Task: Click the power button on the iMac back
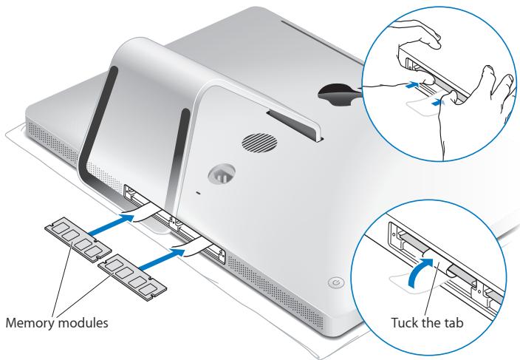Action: click(336, 283)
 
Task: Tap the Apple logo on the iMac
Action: click(338, 94)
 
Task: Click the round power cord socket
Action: click(222, 174)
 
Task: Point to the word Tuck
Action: click(404, 322)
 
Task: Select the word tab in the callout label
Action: click(454, 322)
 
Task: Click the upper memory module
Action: click(78, 240)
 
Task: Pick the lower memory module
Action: click(132, 277)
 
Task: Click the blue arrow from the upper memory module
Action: click(111, 225)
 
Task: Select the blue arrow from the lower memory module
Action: click(162, 259)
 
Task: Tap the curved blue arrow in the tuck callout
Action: click(419, 271)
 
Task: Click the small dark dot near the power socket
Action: click(199, 192)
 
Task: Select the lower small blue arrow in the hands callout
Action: click(438, 103)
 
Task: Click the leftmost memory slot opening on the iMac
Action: click(136, 197)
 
